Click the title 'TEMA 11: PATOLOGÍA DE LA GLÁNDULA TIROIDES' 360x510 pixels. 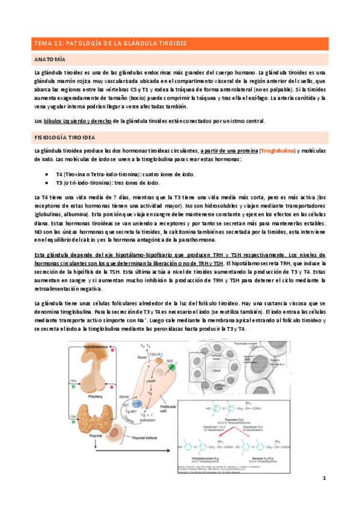click(110, 44)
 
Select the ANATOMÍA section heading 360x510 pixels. click(51, 60)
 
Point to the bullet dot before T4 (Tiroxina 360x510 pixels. click(47, 173)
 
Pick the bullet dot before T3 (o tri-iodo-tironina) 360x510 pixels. click(47, 182)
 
